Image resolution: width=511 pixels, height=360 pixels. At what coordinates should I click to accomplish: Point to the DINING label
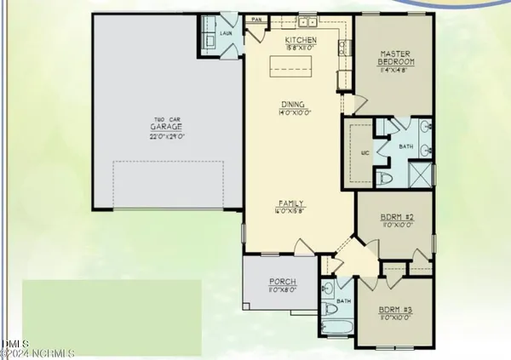point(292,106)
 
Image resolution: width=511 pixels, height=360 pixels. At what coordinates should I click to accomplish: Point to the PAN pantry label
point(255,19)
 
